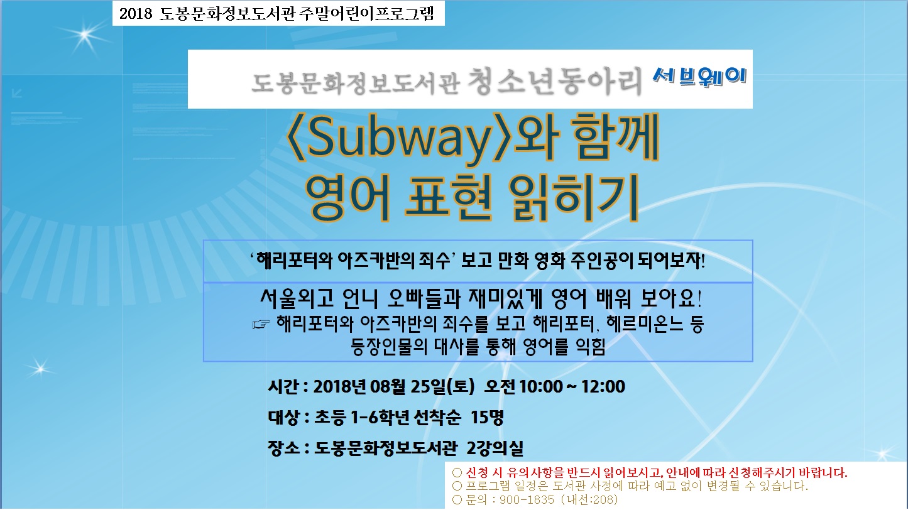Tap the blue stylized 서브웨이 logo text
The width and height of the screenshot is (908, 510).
(699, 76)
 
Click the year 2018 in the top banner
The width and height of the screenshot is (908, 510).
(136, 13)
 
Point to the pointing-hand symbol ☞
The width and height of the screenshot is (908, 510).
(261, 324)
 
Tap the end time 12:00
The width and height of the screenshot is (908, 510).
(603, 386)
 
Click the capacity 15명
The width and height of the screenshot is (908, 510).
(487, 417)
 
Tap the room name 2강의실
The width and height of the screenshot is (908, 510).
(495, 448)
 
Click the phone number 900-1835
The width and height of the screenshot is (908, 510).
(527, 499)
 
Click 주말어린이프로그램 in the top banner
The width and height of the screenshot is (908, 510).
(366, 13)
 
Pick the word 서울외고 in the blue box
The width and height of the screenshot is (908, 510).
(297, 298)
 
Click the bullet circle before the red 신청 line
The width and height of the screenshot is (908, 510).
(457, 473)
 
